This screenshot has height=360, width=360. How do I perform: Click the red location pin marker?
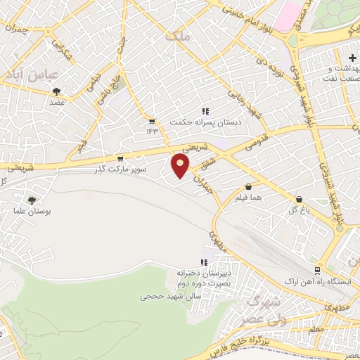[181, 166]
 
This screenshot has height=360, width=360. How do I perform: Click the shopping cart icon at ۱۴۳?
[152, 122]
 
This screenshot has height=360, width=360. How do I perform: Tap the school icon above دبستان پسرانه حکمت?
[205, 110]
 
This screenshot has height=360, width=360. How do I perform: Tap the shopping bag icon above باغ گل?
[300, 200]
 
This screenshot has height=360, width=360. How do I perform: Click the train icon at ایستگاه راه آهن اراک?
[317, 269]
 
